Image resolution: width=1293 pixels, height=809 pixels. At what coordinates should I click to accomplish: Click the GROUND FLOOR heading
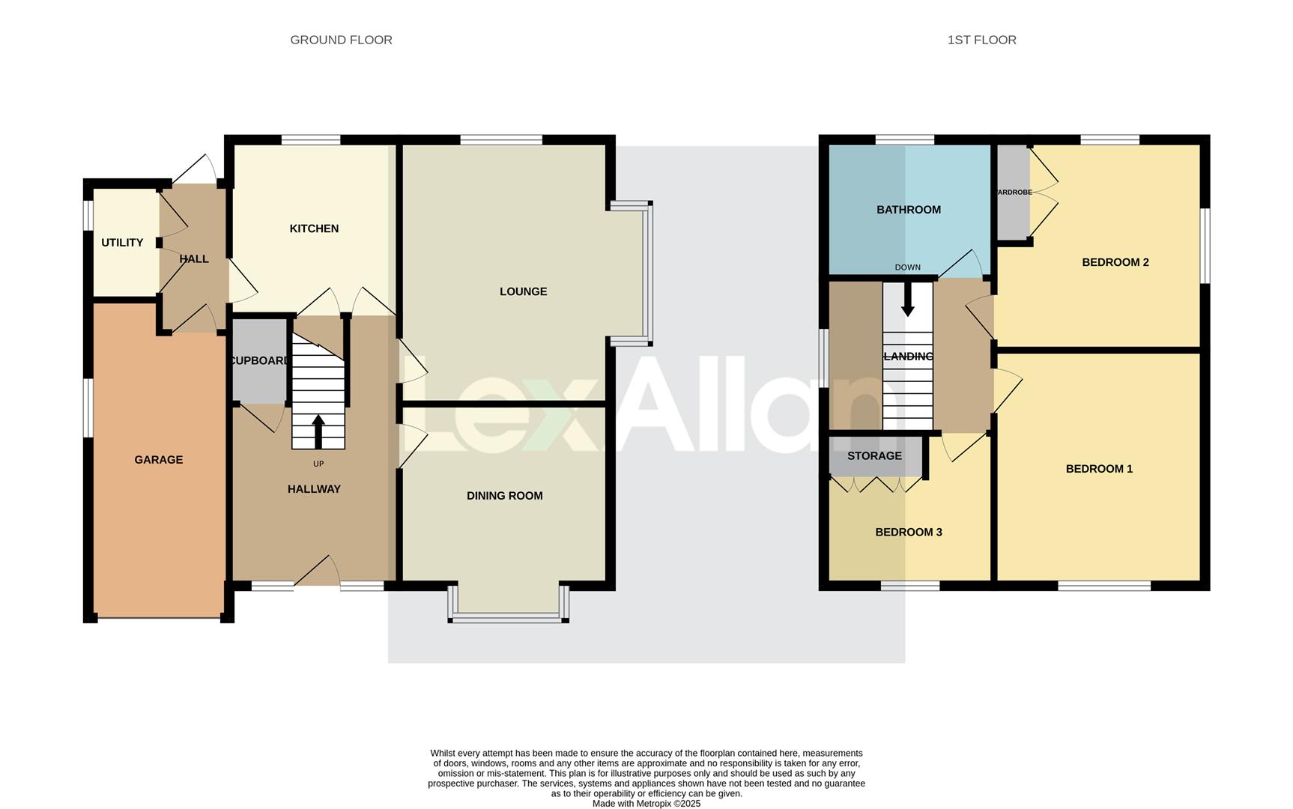(341, 40)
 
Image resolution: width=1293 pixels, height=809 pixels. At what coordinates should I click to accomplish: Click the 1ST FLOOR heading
(981, 40)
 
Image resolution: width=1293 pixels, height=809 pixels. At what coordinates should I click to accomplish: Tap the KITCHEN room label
(314, 228)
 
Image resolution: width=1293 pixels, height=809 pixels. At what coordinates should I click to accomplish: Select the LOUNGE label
(523, 291)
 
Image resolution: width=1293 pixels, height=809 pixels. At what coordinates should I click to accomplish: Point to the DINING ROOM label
(504, 496)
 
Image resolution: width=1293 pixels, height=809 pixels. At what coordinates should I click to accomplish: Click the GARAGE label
(158, 460)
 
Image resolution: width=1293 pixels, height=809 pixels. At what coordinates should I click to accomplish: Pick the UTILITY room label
(122, 243)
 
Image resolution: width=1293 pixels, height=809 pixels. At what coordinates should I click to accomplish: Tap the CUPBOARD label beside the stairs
(259, 360)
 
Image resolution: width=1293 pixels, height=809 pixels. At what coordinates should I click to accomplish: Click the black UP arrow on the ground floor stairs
(318, 431)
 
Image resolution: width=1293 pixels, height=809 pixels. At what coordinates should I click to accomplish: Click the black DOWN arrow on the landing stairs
(907, 300)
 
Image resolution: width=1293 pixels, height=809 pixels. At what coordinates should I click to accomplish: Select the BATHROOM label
(908, 210)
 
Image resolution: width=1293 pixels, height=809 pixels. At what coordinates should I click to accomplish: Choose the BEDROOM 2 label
(1115, 262)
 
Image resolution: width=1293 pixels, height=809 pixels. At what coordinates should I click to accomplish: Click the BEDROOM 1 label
(1099, 469)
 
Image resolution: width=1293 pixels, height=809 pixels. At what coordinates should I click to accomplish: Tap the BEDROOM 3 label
(908, 533)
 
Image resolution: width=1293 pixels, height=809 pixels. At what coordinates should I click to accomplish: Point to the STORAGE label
(874, 456)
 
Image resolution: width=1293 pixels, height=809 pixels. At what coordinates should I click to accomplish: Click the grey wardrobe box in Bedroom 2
(1013, 193)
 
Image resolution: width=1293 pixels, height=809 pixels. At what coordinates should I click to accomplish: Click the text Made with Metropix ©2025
(646, 804)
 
